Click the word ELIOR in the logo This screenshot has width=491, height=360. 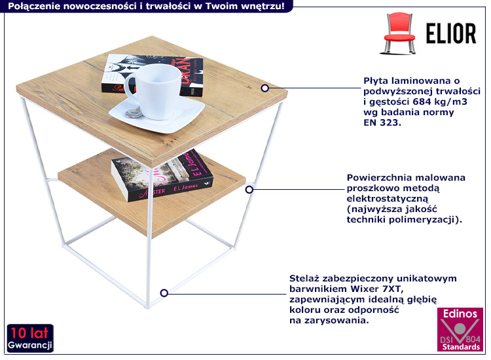pos(448,33)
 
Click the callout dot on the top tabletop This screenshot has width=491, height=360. pos(265,87)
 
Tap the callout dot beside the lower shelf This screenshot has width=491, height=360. pos(249,190)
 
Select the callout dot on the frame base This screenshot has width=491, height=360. pos(165,293)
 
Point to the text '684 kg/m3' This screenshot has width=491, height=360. pos(440,101)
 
